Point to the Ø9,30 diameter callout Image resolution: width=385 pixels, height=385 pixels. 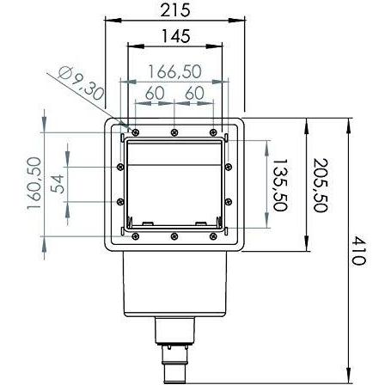[82, 82]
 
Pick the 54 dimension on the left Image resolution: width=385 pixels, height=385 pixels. [58, 183]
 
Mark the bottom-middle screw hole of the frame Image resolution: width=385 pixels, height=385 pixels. [174, 235]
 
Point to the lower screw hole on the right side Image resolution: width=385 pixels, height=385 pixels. [229, 202]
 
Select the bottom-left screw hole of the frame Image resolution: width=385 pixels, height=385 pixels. [134, 235]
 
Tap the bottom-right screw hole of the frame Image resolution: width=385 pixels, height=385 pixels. [215, 235]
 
